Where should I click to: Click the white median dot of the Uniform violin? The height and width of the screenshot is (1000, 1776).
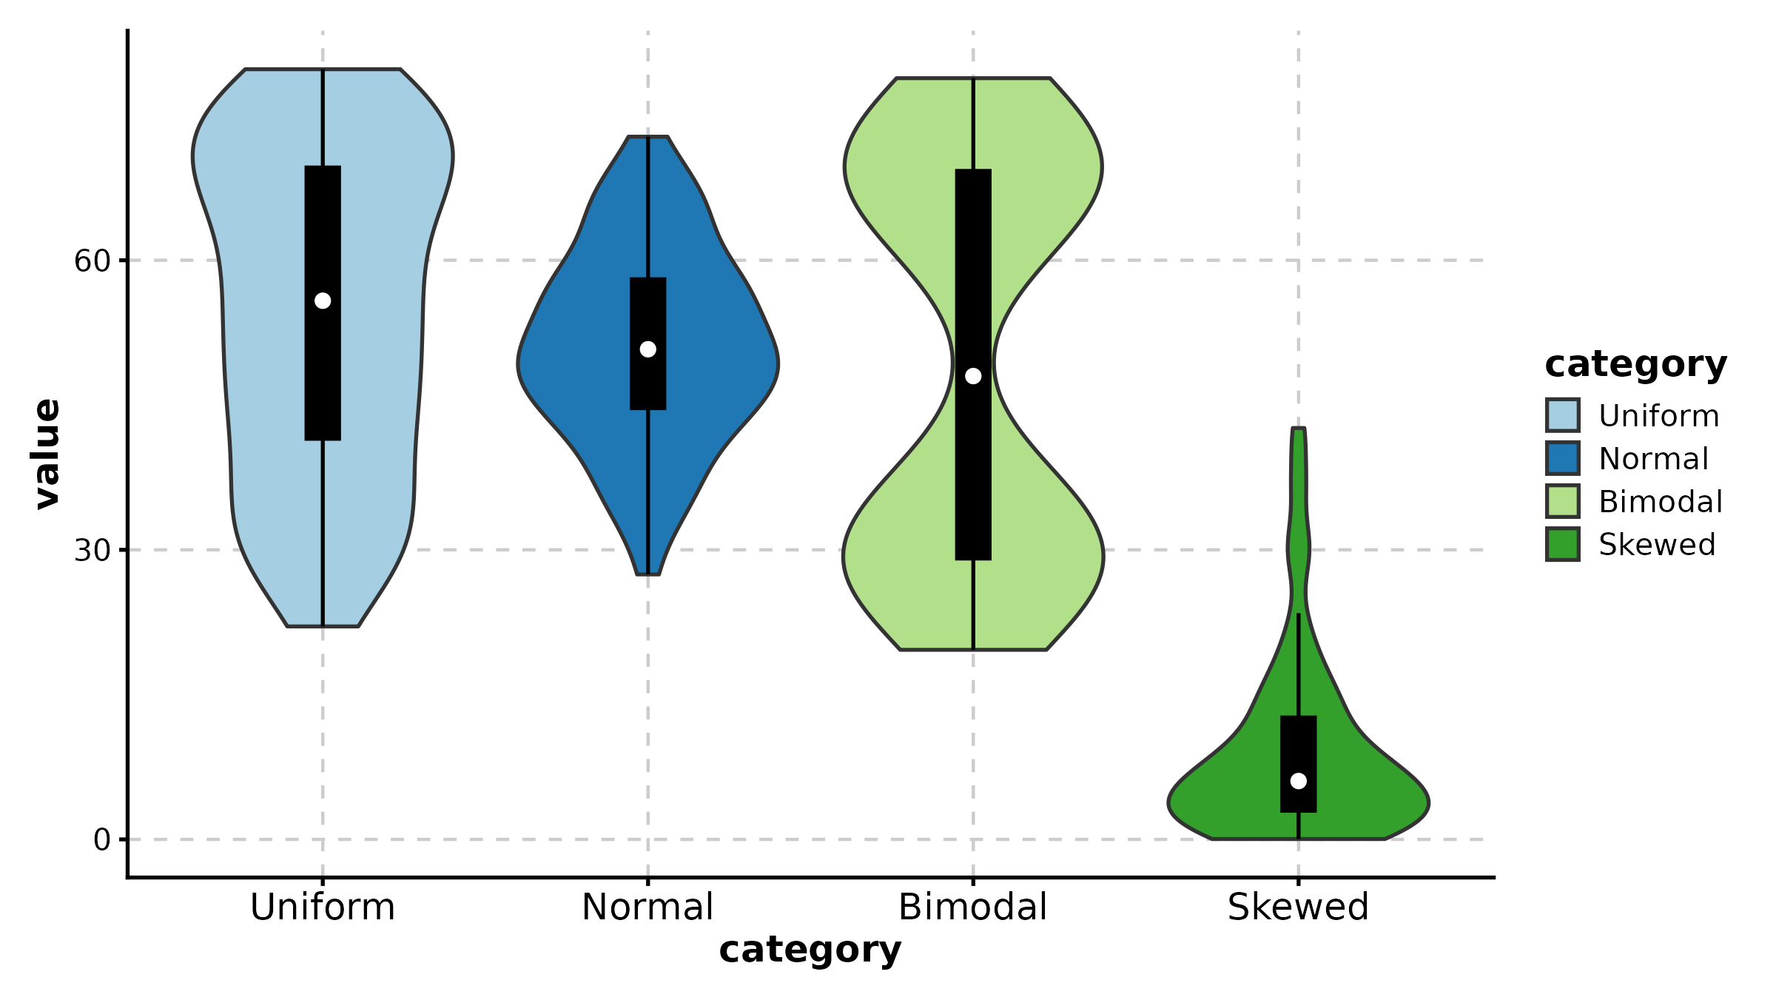(323, 301)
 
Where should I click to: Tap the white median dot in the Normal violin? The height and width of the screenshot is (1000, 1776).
(648, 349)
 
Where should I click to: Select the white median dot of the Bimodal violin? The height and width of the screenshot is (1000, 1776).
(973, 376)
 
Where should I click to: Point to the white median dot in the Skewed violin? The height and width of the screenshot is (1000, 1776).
(1299, 781)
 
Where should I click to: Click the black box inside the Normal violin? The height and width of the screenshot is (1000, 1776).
(648, 343)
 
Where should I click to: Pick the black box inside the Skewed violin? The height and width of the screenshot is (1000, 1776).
(1299, 764)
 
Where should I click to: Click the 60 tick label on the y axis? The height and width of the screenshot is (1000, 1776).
(92, 261)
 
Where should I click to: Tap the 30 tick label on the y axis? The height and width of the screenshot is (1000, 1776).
(92, 550)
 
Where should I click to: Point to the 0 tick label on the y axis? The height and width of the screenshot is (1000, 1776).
(101, 840)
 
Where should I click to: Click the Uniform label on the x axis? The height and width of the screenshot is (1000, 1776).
(323, 907)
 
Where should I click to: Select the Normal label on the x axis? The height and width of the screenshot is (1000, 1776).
(648, 907)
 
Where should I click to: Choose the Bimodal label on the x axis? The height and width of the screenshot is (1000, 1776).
(973, 907)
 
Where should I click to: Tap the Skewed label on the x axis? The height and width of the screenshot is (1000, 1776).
(1299, 907)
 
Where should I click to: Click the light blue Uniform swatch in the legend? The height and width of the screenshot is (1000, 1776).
(1563, 415)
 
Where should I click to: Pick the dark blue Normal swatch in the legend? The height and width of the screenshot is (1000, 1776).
(1563, 458)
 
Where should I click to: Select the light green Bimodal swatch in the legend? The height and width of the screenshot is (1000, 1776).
(1563, 501)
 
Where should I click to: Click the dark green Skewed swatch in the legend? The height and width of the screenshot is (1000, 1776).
(1563, 544)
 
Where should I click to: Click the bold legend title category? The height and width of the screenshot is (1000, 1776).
(1636, 365)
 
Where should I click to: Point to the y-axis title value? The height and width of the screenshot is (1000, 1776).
(47, 454)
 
